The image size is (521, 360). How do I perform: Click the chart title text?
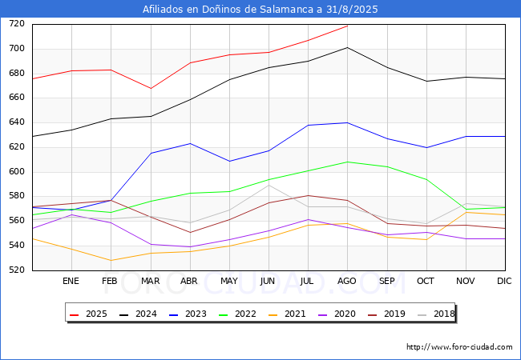coord(260,10)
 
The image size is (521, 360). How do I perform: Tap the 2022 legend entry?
coord(239,314)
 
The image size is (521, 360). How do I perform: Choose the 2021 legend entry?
coord(288,314)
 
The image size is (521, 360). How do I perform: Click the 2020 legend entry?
coord(337,314)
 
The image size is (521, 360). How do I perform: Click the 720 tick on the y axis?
coord(18,24)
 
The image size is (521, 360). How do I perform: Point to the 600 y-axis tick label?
coord(18,172)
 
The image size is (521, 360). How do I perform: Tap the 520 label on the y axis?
coord(18,270)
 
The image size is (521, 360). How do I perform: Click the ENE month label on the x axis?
coord(71,281)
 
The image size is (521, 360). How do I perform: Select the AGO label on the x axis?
coord(347,281)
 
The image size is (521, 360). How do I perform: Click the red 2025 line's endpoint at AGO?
coord(347,26)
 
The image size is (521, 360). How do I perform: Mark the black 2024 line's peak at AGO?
coord(347,47)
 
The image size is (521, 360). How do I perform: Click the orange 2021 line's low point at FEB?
coord(111,260)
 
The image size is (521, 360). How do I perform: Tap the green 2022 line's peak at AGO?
coord(347,162)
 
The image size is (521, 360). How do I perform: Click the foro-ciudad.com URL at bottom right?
coord(459,347)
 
